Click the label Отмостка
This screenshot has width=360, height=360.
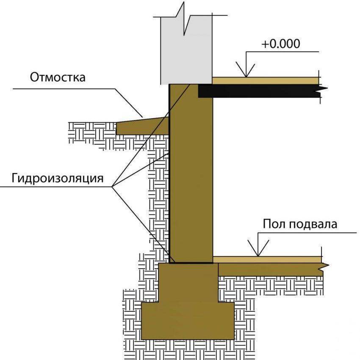tap(58, 78)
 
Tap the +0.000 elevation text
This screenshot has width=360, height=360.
tap(280, 44)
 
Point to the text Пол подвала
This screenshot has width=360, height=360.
tap(300, 224)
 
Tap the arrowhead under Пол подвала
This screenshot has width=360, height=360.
tap(258, 250)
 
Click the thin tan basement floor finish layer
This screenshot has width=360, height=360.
tap(267, 259)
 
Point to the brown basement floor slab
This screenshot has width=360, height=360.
tap(271, 269)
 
